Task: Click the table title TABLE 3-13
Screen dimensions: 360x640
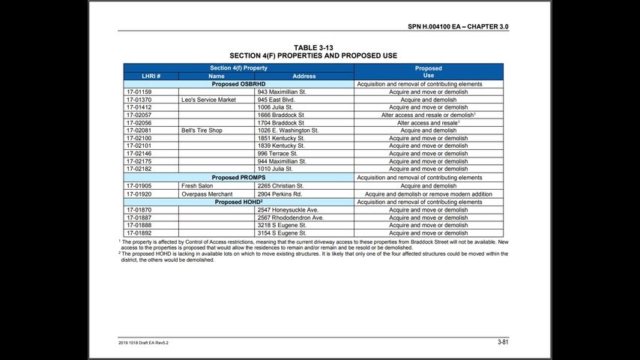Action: pyautogui.click(x=313, y=48)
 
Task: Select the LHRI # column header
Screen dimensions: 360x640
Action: pyautogui.click(x=151, y=76)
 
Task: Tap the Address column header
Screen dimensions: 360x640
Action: pyautogui.click(x=304, y=76)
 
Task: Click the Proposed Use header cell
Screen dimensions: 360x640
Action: pyautogui.click(x=428, y=72)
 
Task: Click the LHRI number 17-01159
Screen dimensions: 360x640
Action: pyautogui.click(x=139, y=92)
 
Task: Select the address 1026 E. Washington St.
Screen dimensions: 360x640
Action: pyautogui.click(x=288, y=130)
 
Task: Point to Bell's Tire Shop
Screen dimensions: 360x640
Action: pyautogui.click(x=202, y=130)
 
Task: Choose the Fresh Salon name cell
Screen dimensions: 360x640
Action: pyautogui.click(x=197, y=185)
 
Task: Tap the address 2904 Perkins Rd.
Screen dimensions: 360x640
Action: pyautogui.click(x=280, y=193)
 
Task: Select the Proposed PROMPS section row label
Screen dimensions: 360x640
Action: pyautogui.click(x=238, y=178)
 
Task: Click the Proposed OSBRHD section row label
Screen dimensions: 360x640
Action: pyautogui.click(x=238, y=84)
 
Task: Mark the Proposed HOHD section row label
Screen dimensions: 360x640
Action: pyautogui.click(x=238, y=202)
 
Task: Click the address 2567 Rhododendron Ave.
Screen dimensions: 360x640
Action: pyautogui.click(x=290, y=217)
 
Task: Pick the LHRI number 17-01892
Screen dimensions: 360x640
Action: pyautogui.click(x=139, y=233)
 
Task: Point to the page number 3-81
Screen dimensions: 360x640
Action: pyautogui.click(x=503, y=342)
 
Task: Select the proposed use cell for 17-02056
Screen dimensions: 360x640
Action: pyautogui.click(x=428, y=123)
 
